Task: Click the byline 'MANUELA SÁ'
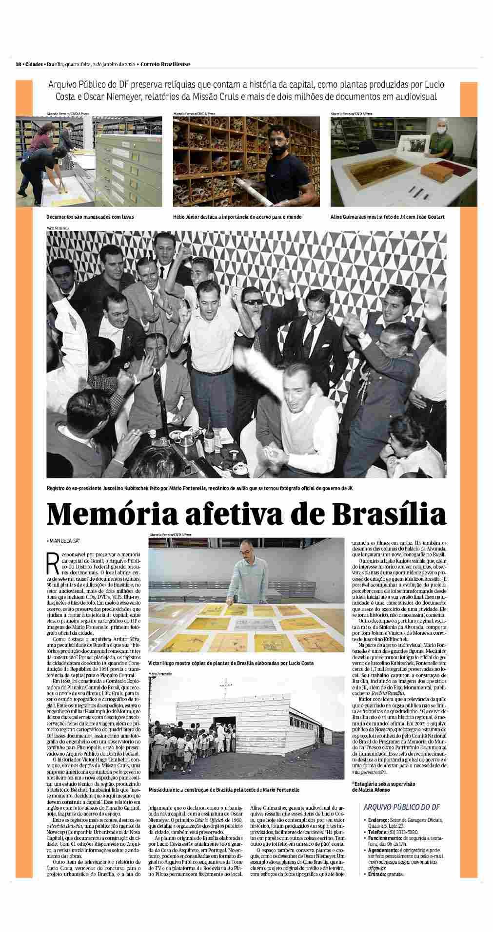tap(63, 540)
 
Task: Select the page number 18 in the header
tap(18, 64)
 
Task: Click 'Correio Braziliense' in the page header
tap(165, 64)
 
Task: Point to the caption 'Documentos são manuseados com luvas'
tap(90, 216)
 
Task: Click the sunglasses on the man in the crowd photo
tap(253, 302)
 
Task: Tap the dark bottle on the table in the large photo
tap(210, 440)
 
